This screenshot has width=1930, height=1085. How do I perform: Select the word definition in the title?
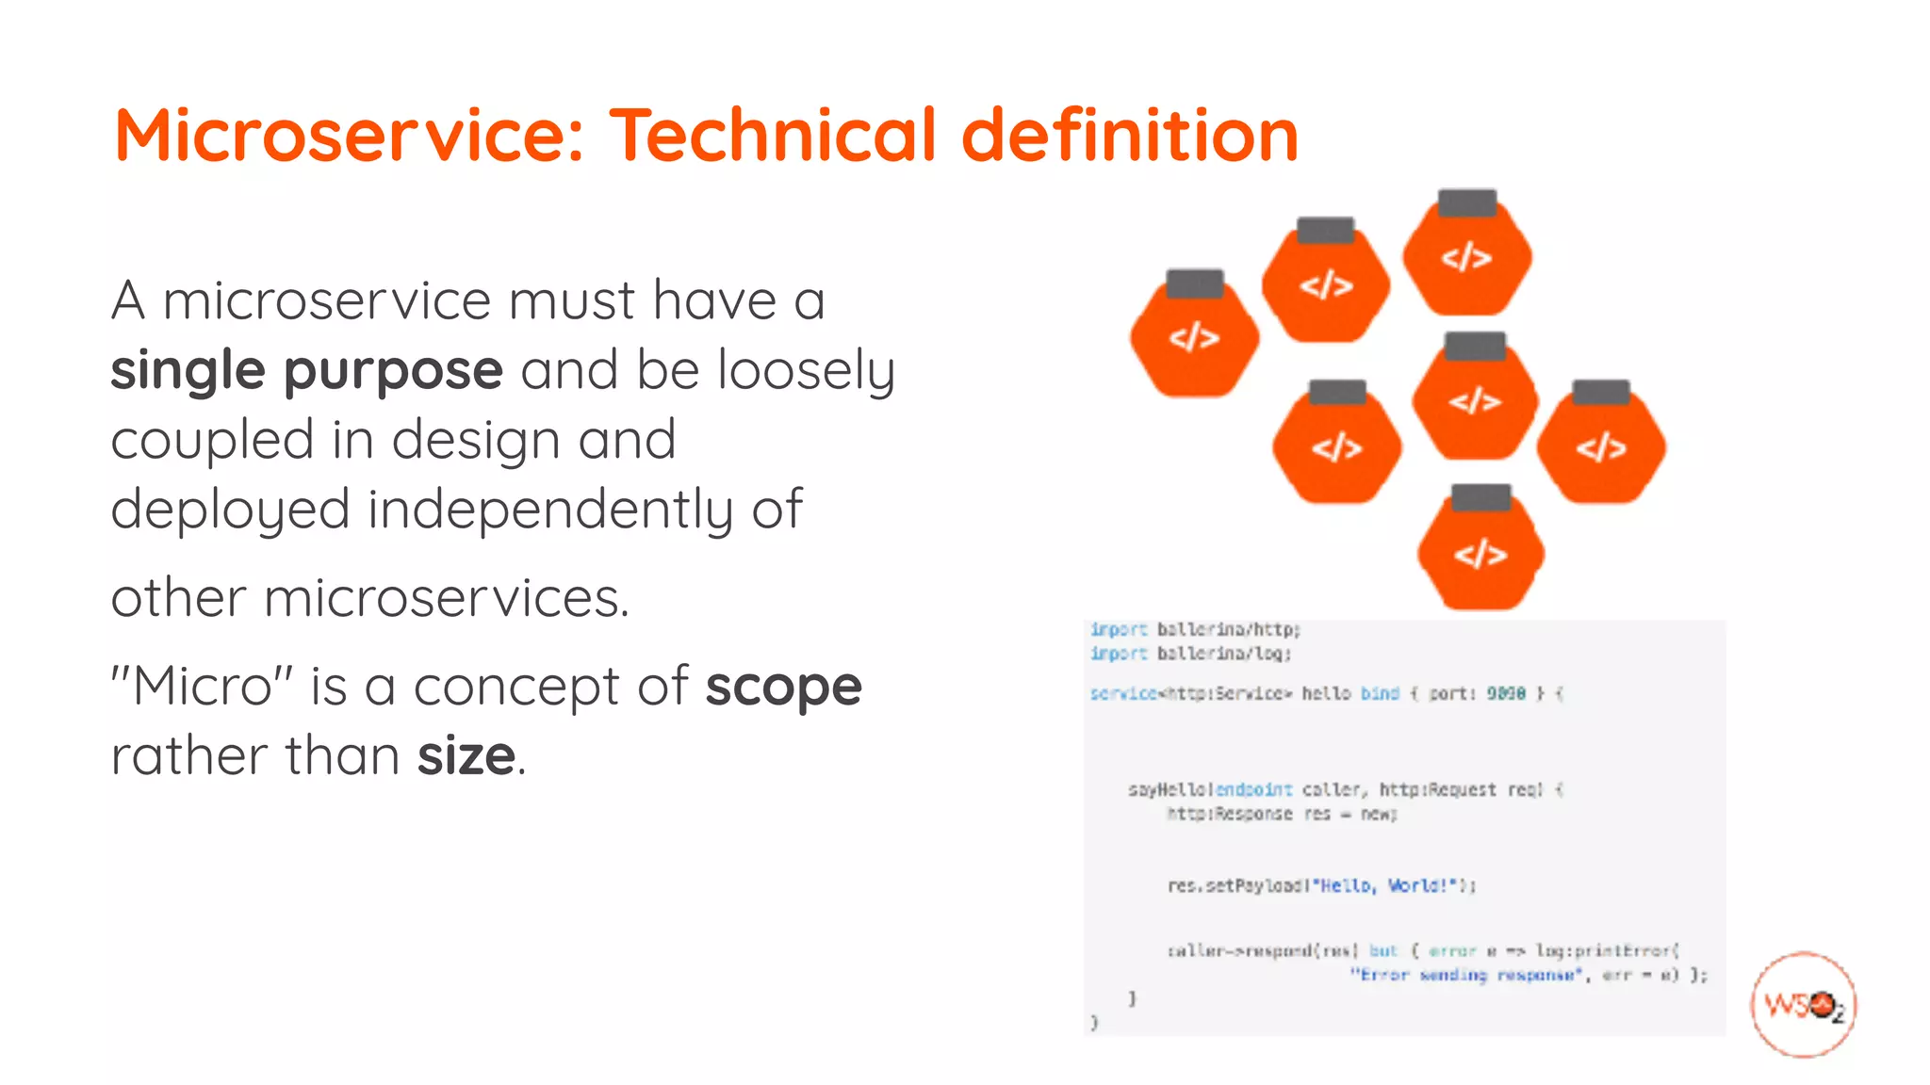tap(1129, 135)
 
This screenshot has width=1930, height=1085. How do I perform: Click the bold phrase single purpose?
tap(306, 370)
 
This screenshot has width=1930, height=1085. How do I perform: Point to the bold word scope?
tap(783, 686)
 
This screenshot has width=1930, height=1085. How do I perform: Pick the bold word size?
tap(466, 755)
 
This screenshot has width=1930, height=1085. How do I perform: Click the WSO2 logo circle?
tap(1803, 1005)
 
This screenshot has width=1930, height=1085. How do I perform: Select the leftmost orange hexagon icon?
tap(1194, 336)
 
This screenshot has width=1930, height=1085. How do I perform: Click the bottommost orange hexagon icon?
tap(1480, 553)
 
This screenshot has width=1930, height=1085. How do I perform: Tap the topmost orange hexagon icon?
tap(1466, 256)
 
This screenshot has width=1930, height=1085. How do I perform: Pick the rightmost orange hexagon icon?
tap(1601, 446)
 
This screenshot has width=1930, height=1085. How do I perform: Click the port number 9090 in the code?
tap(1505, 693)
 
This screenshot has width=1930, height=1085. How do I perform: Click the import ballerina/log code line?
tap(1189, 654)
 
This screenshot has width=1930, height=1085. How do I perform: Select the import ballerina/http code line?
tap(1194, 629)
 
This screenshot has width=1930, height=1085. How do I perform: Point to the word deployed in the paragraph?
tap(231, 510)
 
